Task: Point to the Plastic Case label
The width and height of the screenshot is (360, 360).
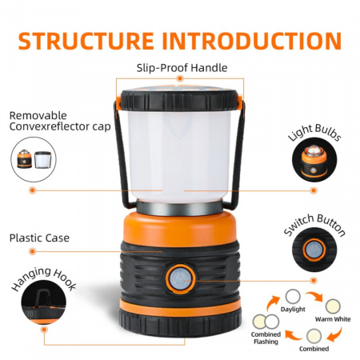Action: tap(39, 238)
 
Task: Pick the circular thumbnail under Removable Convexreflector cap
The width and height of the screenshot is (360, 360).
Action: tap(34, 160)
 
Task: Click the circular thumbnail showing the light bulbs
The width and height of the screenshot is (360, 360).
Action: tap(314, 157)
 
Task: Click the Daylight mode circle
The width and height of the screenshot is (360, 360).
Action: tap(294, 297)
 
